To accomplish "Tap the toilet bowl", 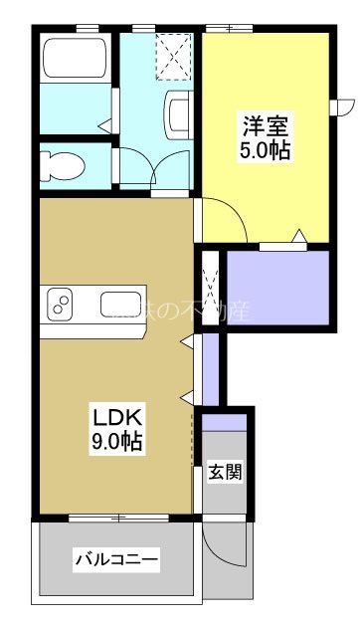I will tap(62, 166).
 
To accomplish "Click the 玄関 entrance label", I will tap(224, 472).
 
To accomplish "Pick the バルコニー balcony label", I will tap(116, 560).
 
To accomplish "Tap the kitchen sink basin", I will tap(117, 305).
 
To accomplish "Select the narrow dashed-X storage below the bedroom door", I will tap(211, 288).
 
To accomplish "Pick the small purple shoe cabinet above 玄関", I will tap(224, 419).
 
